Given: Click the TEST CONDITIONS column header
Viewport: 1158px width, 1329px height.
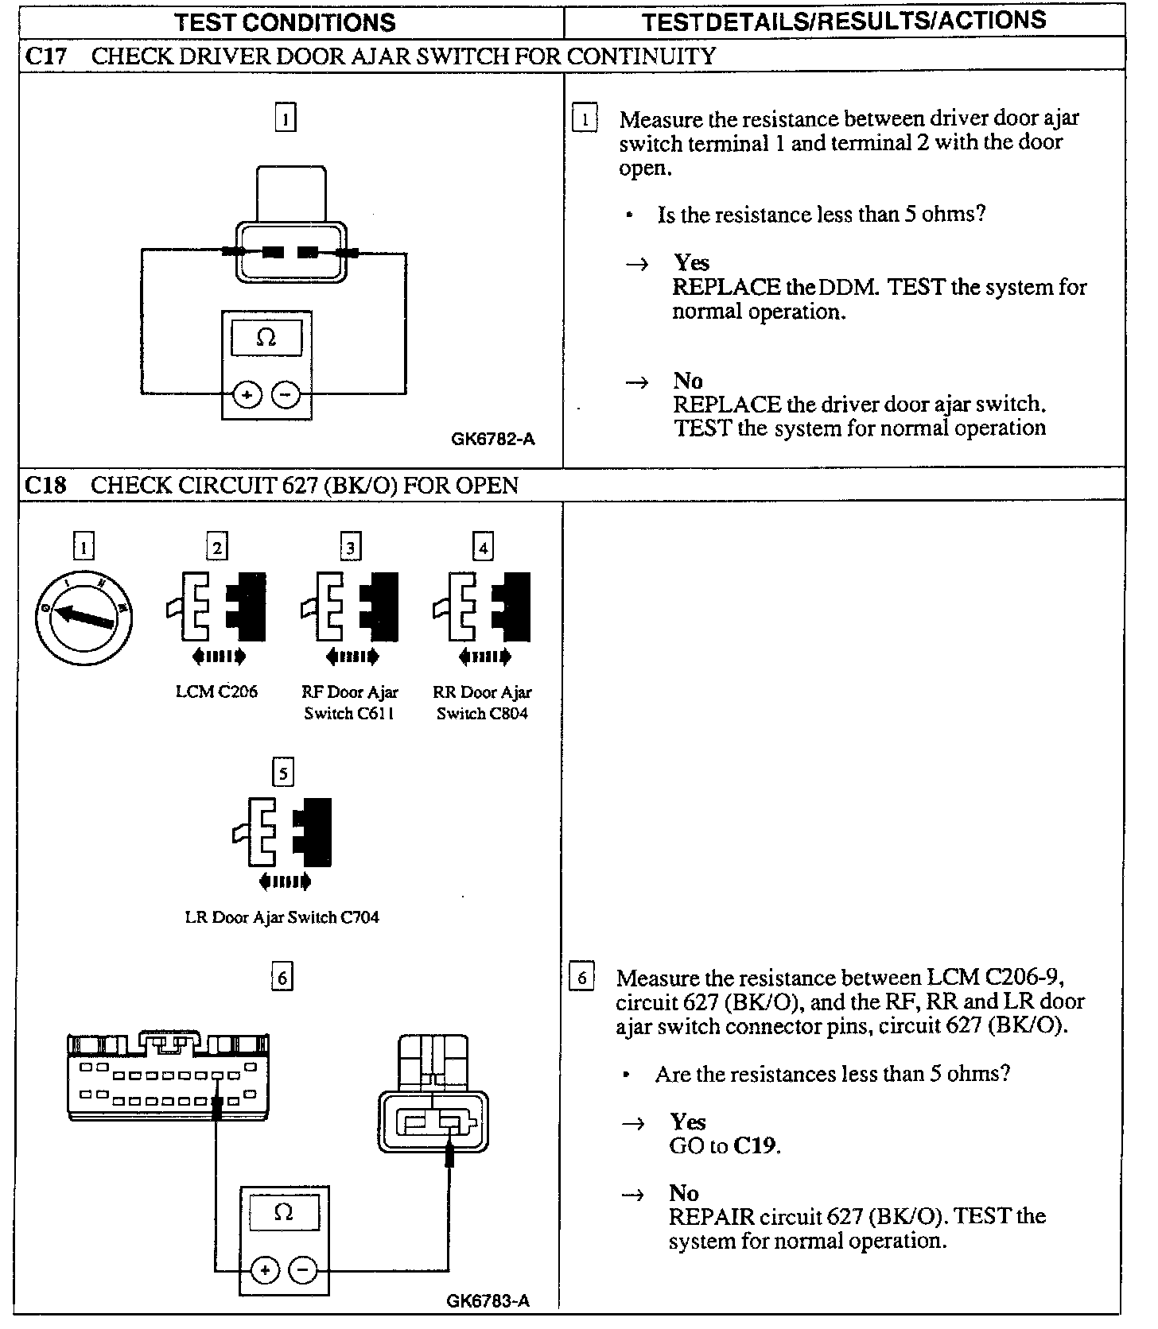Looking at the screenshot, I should click(285, 21).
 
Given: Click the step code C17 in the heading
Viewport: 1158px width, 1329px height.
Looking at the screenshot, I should click(45, 56).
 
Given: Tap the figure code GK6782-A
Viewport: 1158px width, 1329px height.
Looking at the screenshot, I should click(493, 439).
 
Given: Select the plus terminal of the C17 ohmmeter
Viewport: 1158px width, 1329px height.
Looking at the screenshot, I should click(247, 394).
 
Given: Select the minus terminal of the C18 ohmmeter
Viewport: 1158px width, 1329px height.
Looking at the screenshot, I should click(302, 1271).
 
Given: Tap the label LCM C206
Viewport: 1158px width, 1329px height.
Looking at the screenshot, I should click(216, 692).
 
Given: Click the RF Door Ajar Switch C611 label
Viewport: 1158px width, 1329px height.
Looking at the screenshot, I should click(350, 703).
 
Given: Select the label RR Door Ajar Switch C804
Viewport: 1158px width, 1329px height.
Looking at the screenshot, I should click(482, 703).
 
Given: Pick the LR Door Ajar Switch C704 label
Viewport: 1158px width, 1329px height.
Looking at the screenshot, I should click(282, 917).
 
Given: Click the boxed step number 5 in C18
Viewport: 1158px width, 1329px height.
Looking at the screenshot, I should click(282, 773).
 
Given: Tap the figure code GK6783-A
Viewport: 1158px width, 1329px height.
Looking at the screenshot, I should click(488, 1300).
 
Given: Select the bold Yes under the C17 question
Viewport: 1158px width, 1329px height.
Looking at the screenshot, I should click(691, 262).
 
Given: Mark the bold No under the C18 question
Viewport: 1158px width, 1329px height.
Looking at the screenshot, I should click(684, 1192).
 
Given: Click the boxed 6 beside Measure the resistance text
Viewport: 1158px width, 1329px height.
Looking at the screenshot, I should click(581, 977).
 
